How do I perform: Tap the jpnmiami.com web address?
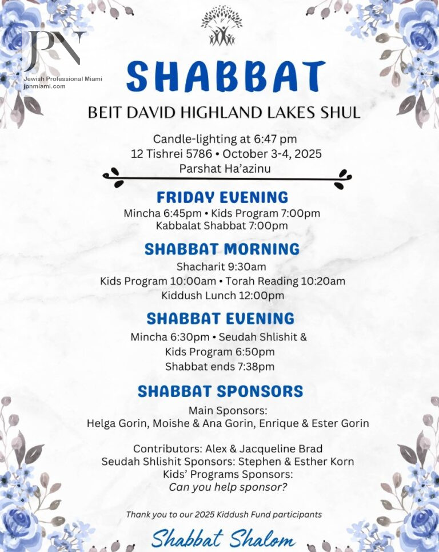[45, 86]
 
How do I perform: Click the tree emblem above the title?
[221, 25]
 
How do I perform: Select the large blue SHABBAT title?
[225, 77]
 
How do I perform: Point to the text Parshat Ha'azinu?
[225, 169]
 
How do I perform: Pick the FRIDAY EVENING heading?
[222, 197]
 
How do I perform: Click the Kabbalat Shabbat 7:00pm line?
[222, 226]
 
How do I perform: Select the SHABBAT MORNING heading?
[222, 249]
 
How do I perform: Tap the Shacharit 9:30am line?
[221, 267]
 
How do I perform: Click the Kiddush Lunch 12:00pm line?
[222, 296]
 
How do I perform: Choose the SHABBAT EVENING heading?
[221, 319]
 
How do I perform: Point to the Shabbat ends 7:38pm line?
[220, 366]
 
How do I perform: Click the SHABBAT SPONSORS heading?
[220, 392]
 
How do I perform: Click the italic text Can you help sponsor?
[228, 488]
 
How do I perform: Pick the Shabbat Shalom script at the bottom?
[223, 539]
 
